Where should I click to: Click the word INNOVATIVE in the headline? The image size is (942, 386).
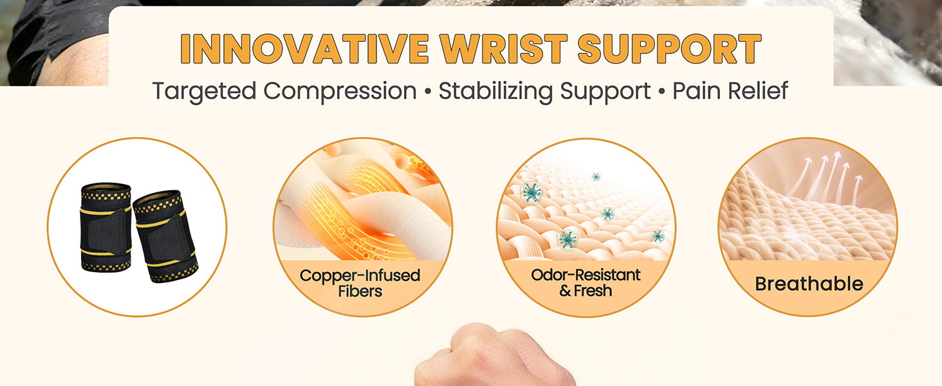pyautogui.click(x=304, y=48)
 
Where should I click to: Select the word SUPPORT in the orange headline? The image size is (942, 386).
pyautogui.click(x=669, y=48)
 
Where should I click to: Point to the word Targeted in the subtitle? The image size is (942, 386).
pyautogui.click(x=205, y=91)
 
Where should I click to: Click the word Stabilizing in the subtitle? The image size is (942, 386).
pyautogui.click(x=495, y=91)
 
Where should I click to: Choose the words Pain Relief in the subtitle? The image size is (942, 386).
pyautogui.click(x=730, y=91)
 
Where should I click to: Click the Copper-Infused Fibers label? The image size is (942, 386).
pyautogui.click(x=360, y=283)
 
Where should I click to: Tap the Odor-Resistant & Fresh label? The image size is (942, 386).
pyautogui.click(x=586, y=282)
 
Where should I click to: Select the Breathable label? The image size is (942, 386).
pyautogui.click(x=809, y=284)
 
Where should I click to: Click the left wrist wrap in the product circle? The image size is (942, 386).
pyautogui.click(x=106, y=227)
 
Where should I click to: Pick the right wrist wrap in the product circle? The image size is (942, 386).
pyautogui.click(x=165, y=236)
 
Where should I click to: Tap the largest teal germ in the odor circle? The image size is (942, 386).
pyautogui.click(x=531, y=192)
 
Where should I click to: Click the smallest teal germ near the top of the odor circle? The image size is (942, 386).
pyautogui.click(x=596, y=177)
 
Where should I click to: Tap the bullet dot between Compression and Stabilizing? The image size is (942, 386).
pyautogui.click(x=428, y=92)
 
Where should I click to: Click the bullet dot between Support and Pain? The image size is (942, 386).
pyautogui.click(x=662, y=92)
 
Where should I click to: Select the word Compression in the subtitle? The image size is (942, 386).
pyautogui.click(x=340, y=91)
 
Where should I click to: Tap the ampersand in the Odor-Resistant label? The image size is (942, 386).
pyautogui.click(x=565, y=291)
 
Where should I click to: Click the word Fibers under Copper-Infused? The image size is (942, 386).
pyautogui.click(x=360, y=291)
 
